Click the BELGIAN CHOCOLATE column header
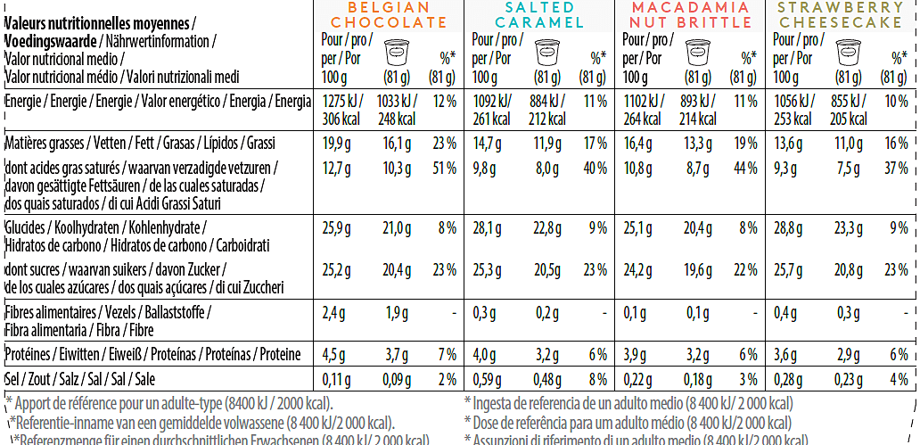390,15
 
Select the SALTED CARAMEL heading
540,15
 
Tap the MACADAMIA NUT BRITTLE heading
692,15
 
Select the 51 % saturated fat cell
443,167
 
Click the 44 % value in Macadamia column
745,167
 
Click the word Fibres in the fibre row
23,312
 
